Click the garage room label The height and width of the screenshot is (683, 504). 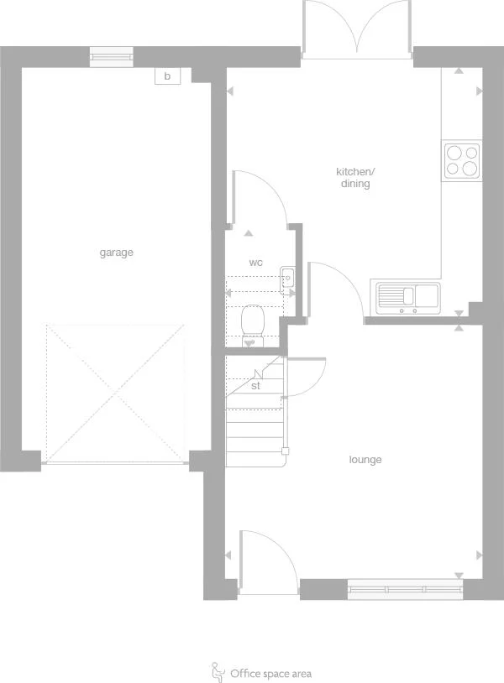click(117, 253)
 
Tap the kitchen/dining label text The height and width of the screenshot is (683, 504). click(354, 178)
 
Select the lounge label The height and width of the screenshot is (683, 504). click(365, 460)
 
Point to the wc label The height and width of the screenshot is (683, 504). click(256, 263)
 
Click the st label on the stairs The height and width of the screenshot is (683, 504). click(255, 387)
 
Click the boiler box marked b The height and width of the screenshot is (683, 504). click(167, 76)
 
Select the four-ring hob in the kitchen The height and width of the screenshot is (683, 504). click(462, 160)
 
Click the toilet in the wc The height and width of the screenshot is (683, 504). click(252, 321)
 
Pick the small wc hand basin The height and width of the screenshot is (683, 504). click(287, 276)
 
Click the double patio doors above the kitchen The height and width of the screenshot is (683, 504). click(358, 29)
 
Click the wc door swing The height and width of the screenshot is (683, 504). click(256, 198)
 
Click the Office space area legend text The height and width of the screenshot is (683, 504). click(270, 673)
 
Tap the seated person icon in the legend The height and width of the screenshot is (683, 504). click(218, 671)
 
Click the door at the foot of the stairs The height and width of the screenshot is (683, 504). click(306, 377)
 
